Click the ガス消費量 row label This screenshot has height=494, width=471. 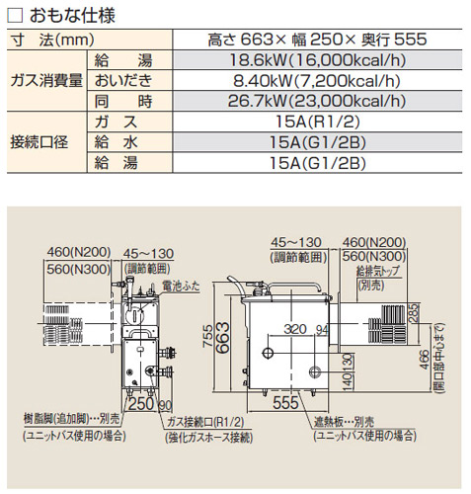(x=44, y=81)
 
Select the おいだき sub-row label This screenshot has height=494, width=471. (x=115, y=81)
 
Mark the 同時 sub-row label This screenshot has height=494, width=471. (x=115, y=102)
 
